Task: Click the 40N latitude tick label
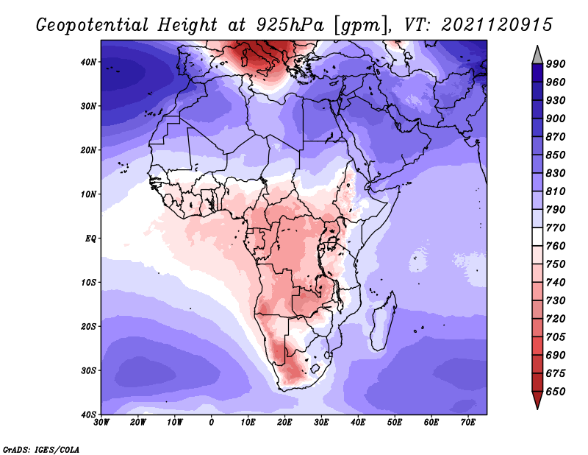coord(88,62)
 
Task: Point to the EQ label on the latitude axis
coord(90,239)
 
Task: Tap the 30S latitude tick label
coord(88,370)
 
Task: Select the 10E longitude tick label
coord(248,423)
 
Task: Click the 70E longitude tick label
coord(468,423)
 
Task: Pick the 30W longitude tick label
coord(101,423)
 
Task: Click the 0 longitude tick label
coord(212,423)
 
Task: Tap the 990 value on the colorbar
coord(556,64)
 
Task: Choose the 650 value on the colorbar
coord(556,392)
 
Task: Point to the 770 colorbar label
coord(556,227)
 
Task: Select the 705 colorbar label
coord(556,336)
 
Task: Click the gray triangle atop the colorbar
coord(537,56)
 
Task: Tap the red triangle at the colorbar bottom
coord(537,399)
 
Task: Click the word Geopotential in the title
coord(93,25)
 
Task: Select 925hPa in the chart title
coord(290,25)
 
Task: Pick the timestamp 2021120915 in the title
coord(497,25)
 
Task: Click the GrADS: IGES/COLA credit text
coord(41,449)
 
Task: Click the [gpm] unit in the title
coord(361,26)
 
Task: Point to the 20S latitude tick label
coord(88,326)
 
